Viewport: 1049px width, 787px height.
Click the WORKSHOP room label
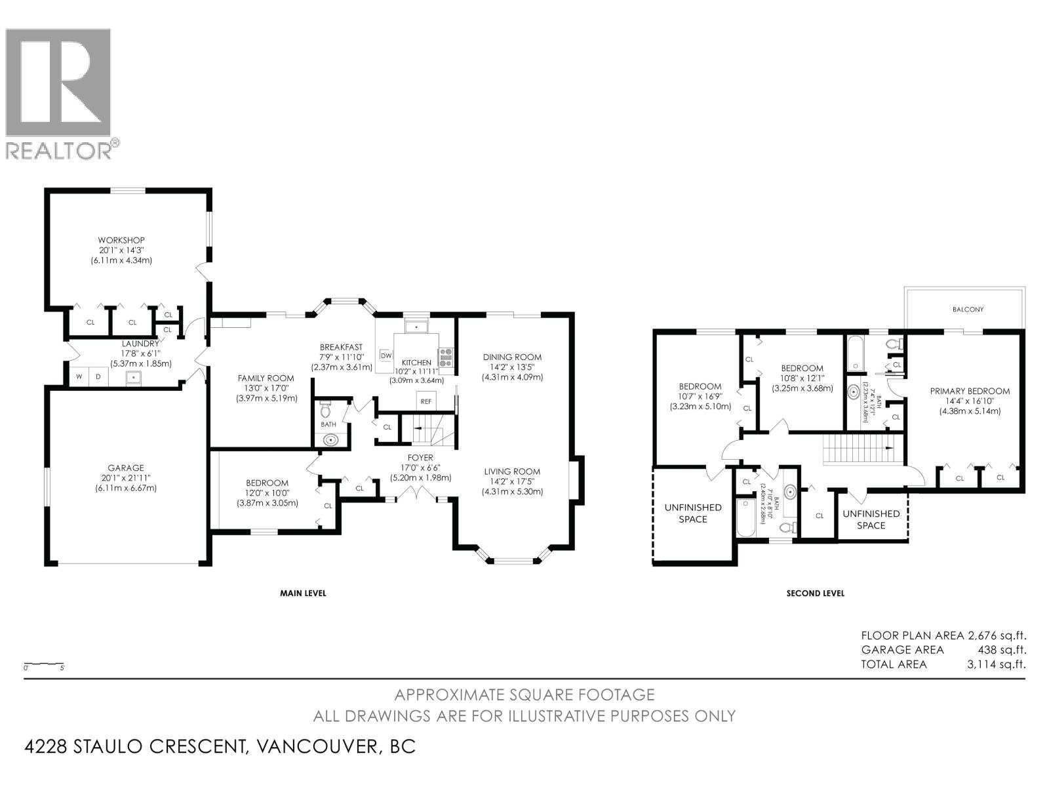[121, 240]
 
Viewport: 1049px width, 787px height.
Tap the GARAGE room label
[126, 468]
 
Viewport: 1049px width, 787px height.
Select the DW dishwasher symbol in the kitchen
[386, 355]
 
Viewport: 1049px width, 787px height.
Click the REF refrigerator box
[426, 401]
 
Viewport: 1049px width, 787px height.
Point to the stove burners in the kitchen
[446, 357]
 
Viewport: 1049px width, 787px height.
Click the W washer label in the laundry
[79, 376]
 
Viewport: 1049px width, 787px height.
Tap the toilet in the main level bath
[326, 411]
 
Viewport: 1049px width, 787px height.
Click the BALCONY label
[968, 310]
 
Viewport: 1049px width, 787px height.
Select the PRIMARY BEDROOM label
[970, 391]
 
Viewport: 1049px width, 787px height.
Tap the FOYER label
[420, 458]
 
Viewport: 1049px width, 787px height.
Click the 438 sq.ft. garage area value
[1002, 650]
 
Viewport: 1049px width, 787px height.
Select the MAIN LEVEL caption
[303, 593]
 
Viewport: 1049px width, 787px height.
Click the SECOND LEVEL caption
[815, 593]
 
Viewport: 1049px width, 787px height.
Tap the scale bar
[44, 664]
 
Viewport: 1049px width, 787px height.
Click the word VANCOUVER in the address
[317, 746]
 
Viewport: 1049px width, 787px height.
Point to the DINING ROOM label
[512, 357]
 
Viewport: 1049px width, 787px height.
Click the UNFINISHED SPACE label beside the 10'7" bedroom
[692, 513]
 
